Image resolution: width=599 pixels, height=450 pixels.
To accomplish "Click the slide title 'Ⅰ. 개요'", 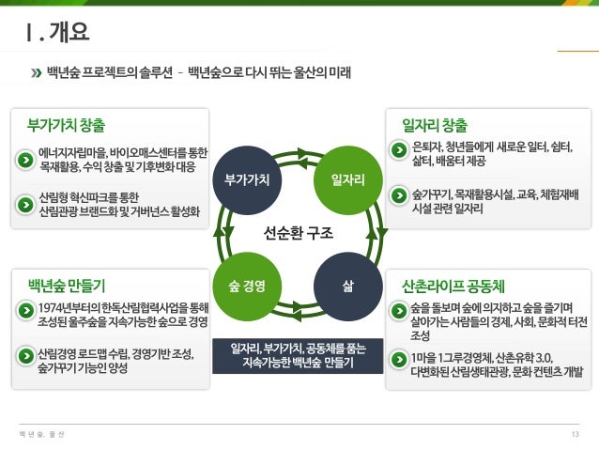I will tap(58, 35).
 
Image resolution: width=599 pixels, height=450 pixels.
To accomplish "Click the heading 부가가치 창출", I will tap(67, 124).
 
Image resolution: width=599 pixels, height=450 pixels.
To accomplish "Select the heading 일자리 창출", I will tap(434, 124).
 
